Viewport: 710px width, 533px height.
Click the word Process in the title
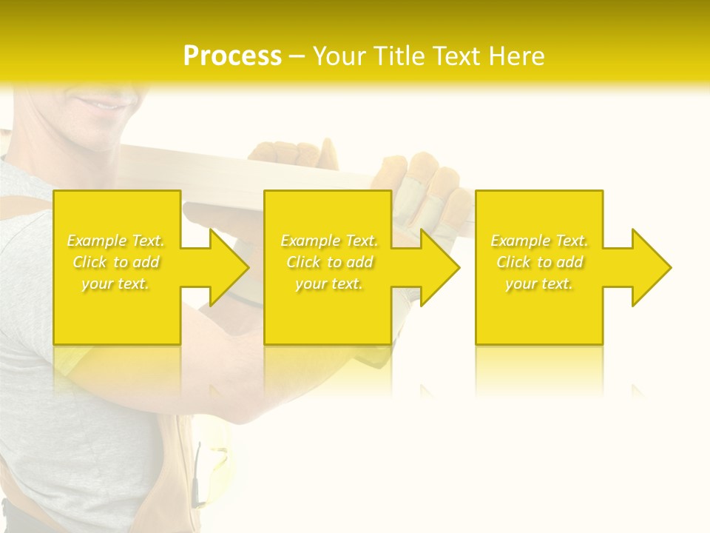click(232, 56)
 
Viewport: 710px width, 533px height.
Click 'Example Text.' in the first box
click(116, 241)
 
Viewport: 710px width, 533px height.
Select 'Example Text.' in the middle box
click(329, 241)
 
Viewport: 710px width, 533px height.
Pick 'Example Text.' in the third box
click(539, 241)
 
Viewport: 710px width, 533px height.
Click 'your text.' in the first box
click(116, 284)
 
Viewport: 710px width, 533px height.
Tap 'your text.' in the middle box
click(329, 284)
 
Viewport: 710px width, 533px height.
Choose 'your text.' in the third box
click(539, 284)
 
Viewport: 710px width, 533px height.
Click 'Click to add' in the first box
click(116, 262)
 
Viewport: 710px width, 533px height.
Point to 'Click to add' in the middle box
click(329, 262)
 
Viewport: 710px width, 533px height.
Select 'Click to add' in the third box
click(539, 262)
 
